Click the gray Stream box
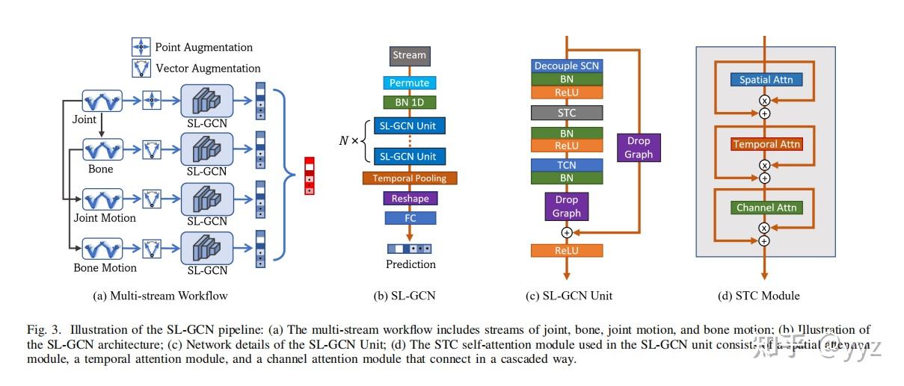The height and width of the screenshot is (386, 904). coord(409,55)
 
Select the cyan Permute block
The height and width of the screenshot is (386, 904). coord(409,83)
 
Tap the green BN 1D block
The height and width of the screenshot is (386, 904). coord(409,102)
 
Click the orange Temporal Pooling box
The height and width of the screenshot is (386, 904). coord(409,178)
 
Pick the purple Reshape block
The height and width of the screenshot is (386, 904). coord(410,199)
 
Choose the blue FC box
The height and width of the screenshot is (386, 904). coord(410,218)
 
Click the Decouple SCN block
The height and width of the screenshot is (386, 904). coord(566,66)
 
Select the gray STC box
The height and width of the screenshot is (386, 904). coord(566,113)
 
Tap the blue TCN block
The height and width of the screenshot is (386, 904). coord(566,165)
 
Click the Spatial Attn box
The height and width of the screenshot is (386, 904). coord(766,80)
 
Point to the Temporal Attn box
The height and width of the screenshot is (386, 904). coord(766,144)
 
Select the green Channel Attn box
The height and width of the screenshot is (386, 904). coord(766,208)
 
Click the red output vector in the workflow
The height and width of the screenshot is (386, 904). coord(309,176)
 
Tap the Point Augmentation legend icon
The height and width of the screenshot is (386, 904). coord(141,47)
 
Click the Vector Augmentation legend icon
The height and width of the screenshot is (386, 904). coord(141,69)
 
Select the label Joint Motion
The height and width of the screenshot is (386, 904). coord(105,218)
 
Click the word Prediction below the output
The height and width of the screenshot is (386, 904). coord(411,264)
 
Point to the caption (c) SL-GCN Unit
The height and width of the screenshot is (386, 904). coord(569,296)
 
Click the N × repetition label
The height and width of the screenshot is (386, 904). coord(349,140)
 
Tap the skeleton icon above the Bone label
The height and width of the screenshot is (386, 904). coord(101,150)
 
